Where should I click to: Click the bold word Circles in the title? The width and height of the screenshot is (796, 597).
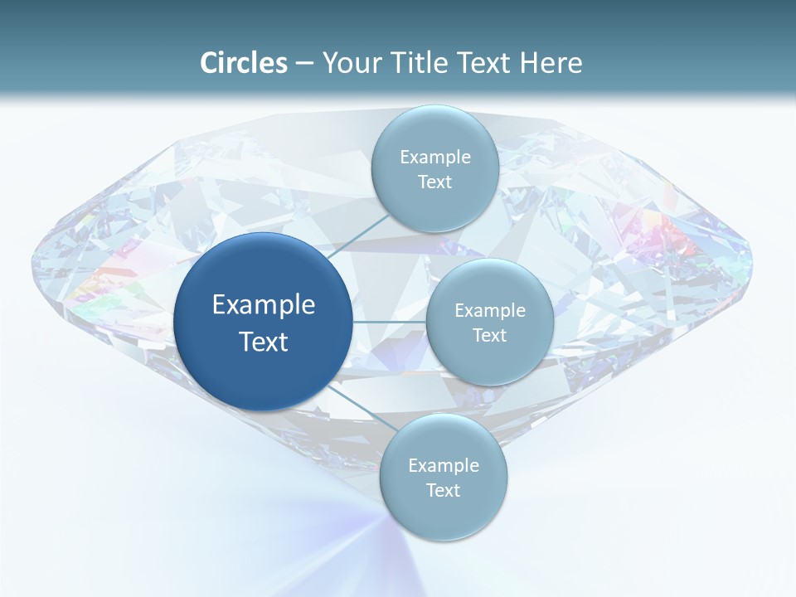(243, 62)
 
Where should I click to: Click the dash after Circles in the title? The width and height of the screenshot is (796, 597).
(304, 64)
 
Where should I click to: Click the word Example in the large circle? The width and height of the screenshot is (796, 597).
(263, 305)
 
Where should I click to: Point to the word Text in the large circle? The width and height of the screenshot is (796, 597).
(263, 342)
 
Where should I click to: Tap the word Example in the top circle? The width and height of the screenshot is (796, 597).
(434, 157)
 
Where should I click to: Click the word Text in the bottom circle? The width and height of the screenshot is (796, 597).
(443, 491)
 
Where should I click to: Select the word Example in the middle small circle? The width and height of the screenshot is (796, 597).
(489, 310)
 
